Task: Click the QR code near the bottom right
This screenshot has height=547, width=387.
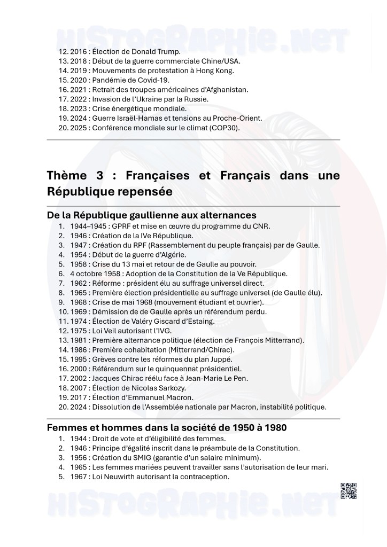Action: tap(347, 490)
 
